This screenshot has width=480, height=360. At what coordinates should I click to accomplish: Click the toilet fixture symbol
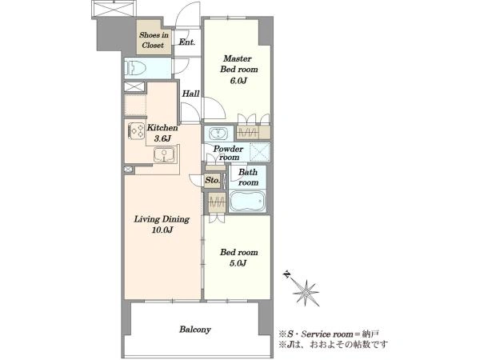click(134, 68)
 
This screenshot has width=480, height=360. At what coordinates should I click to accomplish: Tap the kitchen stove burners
click(136, 130)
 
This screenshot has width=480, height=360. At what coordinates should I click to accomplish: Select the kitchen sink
click(164, 155)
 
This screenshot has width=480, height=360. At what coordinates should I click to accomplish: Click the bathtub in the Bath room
click(247, 201)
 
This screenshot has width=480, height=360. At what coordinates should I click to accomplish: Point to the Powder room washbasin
click(218, 134)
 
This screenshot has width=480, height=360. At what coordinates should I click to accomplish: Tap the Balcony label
click(195, 330)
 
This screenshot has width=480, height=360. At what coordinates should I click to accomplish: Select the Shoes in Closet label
click(154, 40)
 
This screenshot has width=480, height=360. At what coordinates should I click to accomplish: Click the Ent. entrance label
click(186, 42)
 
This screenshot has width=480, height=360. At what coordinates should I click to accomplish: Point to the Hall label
click(190, 94)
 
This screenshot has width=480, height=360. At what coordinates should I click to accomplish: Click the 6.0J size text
click(238, 81)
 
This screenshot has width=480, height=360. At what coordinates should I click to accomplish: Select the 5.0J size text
click(238, 263)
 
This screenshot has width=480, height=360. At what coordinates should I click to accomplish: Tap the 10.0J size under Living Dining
click(162, 230)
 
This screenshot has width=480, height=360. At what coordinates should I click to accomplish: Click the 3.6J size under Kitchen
click(162, 138)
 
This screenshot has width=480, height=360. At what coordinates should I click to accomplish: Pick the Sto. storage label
click(212, 180)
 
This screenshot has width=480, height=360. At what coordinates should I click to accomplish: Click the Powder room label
click(228, 153)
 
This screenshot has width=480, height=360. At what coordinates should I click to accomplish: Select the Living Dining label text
click(162, 219)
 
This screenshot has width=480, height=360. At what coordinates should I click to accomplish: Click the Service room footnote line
click(329, 334)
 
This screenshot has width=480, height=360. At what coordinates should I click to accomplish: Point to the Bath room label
click(248, 178)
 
